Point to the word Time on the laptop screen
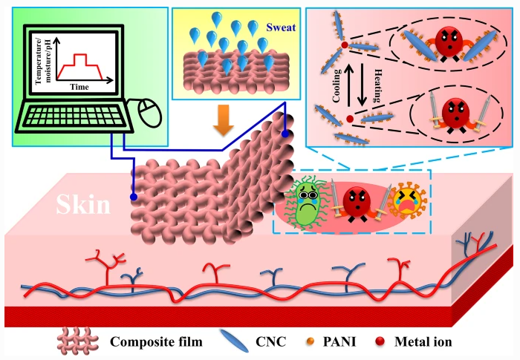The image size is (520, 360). [80, 87]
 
